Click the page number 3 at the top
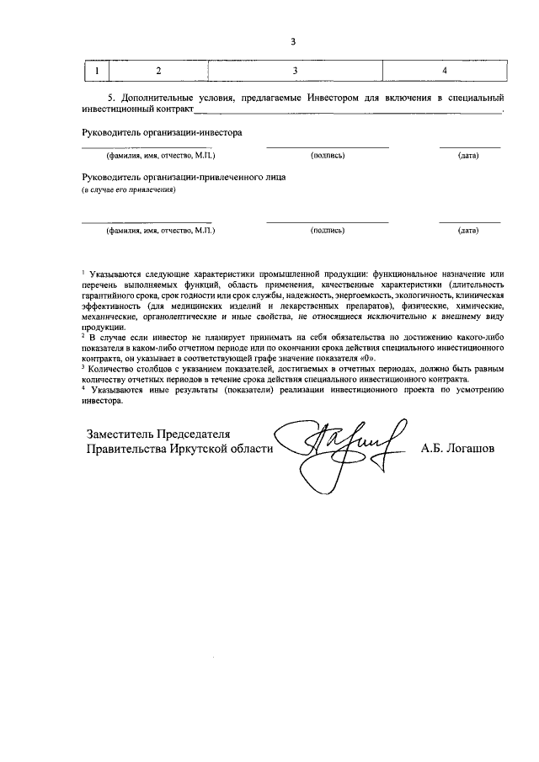coord(293,41)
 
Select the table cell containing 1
coord(99,70)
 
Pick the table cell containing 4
coord(444,70)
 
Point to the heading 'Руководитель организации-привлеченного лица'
coord(184,179)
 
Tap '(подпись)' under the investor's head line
coord(327,157)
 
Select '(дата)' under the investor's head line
coord(468,157)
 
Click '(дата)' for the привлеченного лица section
coord(468,230)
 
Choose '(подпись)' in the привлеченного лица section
coord(327,230)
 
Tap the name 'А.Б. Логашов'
coord(457,449)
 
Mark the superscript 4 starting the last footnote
coord(83,387)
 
